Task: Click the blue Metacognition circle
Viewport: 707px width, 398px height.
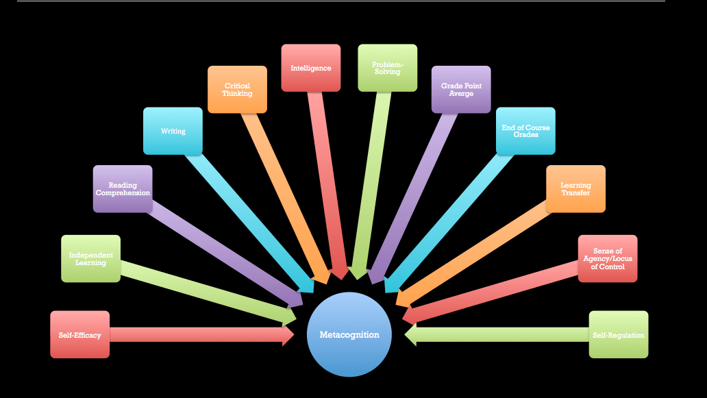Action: pos(349,334)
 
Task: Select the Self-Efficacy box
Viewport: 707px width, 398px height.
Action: pos(79,334)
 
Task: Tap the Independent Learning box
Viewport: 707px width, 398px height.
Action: pos(90,258)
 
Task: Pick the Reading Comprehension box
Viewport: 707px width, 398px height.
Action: pos(123,188)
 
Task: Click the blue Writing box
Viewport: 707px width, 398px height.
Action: pos(173,131)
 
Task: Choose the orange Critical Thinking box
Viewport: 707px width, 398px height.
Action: pos(237,89)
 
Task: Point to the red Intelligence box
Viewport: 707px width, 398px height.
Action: pos(310,68)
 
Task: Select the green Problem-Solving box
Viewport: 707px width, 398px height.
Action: pos(387,68)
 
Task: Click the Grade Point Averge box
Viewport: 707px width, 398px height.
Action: pos(461,89)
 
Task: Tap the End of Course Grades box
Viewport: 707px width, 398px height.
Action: pos(525,131)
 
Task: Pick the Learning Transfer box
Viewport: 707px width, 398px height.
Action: pos(575,188)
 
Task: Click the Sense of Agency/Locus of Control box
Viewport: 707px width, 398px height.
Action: pos(607,258)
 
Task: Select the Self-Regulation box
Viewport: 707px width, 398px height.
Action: pos(618,334)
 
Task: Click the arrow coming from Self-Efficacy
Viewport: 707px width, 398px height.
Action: pos(199,335)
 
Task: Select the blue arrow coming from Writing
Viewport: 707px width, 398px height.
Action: pos(247,219)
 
